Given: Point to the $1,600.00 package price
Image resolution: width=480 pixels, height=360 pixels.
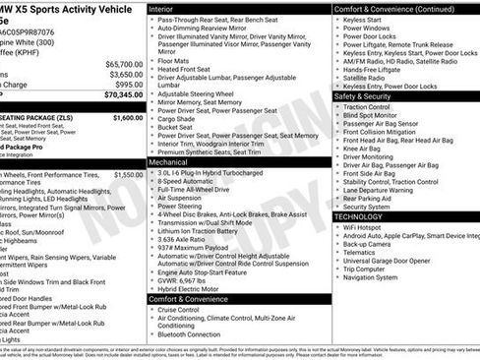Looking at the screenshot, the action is coord(127,117).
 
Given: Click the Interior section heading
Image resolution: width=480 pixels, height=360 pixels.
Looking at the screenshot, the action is coord(160,9).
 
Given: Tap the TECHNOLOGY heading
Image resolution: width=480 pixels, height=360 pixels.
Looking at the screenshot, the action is coord(359,216).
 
